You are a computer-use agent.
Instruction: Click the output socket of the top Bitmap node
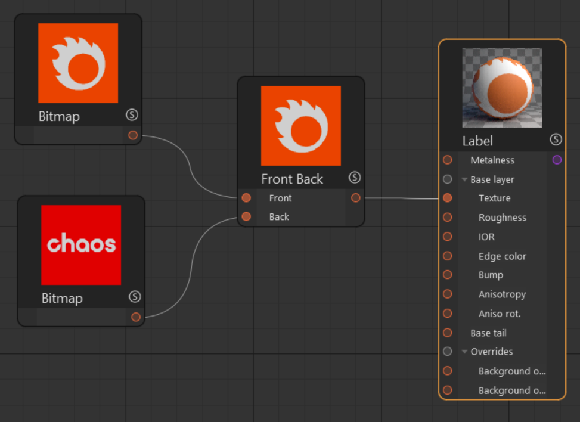point(133,135)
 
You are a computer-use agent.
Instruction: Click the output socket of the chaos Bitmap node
point(136,317)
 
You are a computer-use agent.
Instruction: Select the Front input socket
point(246,198)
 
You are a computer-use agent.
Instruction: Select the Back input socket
point(246,216)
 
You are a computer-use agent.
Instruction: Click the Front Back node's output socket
point(355,198)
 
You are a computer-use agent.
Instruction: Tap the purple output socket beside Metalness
point(557,160)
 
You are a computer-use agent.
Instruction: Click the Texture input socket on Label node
point(448,198)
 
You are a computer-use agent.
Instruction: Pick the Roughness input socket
point(448,217)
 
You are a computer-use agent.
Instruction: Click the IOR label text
point(486,237)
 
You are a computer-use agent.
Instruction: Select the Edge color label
point(503,256)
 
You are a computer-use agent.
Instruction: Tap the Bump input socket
point(448,275)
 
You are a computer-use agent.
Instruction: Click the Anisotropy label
point(502,294)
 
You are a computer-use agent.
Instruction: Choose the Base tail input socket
point(448,333)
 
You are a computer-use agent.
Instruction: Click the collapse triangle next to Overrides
point(464,352)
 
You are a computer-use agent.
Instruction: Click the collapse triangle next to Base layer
point(464,180)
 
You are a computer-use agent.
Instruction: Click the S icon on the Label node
point(556,139)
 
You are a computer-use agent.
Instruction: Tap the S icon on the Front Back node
point(354,178)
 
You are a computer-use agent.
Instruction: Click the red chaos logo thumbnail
point(81,245)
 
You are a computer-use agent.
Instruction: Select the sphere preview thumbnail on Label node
point(502,88)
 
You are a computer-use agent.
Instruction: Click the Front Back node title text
point(292,179)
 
